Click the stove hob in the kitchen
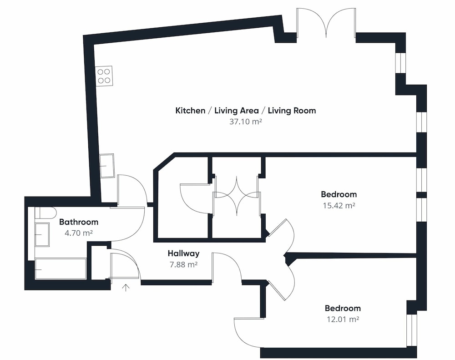104,76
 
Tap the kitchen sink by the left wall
107,166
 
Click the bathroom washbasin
42,234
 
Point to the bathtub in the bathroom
61,269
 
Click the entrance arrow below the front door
126,288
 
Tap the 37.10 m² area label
246,122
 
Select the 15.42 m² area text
339,206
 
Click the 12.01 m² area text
343,319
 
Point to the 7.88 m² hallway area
183,265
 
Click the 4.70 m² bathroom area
79,233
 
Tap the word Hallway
184,254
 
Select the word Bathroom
79,222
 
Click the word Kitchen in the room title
190,111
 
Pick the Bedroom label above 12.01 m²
343,308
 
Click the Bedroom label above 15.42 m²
339,194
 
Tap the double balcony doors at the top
326,23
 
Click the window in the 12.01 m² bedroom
411,330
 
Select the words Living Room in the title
292,111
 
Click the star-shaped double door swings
236,196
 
